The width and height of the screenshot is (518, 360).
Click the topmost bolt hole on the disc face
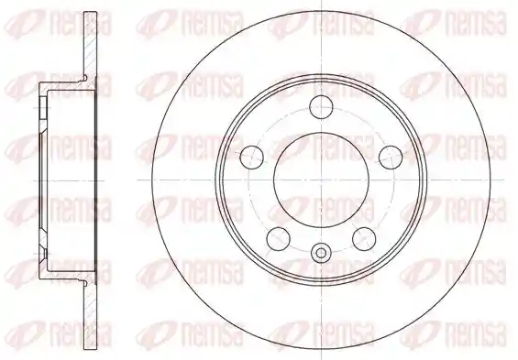pos(321,107)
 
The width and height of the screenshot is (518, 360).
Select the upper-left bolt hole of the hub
pos(252,157)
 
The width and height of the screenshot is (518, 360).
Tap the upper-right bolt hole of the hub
pos(391,157)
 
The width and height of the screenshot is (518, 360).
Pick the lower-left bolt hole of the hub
pos(278,238)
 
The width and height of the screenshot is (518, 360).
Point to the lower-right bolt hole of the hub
pos(364,238)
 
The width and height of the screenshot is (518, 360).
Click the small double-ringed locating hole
pos(321,253)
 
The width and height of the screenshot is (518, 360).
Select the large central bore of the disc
pos(321,180)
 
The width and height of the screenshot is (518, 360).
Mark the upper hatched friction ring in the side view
pos(91,45)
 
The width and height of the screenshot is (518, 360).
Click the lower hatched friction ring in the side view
pos(91,316)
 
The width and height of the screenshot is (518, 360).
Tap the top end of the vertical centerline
pos(321,1)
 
